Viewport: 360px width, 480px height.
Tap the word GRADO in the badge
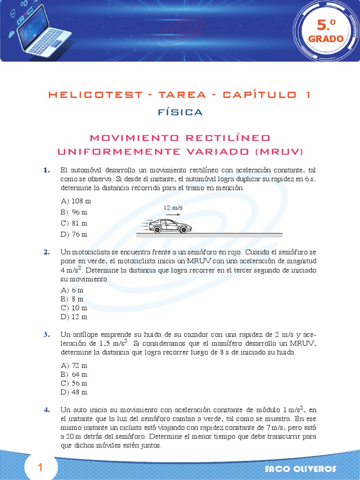[x=326, y=39]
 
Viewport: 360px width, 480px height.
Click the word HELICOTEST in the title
[x=95, y=95]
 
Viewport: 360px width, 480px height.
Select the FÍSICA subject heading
[x=180, y=112]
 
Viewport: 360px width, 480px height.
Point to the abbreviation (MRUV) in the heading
[x=279, y=151]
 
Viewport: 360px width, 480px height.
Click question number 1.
[x=47, y=170]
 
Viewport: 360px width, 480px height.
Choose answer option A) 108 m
[x=75, y=201]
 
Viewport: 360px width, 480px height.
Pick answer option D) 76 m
[x=74, y=234]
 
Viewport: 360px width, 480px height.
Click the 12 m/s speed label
[x=172, y=207]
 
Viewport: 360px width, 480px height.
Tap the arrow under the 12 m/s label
[x=172, y=214]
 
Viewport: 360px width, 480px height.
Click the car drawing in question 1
[x=170, y=226]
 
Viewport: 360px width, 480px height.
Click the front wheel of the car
[x=183, y=229]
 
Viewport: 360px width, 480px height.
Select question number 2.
[x=47, y=252]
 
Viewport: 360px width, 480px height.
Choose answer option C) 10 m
[x=74, y=308]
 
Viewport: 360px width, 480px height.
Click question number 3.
[x=47, y=334]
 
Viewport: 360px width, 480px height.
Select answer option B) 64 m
[x=74, y=375]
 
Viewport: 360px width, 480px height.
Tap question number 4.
[x=47, y=410]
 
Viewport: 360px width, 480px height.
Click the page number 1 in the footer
[x=40, y=467]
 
